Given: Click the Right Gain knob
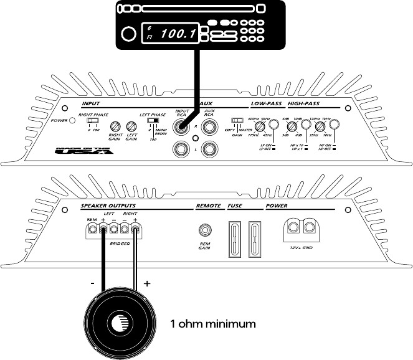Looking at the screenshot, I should pos(115,126).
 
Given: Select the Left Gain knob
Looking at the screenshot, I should pos(131,126).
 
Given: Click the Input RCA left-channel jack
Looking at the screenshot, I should pos(181,149).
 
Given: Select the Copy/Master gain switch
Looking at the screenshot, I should pos(237,121).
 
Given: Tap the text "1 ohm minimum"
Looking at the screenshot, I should pos(213,324).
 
